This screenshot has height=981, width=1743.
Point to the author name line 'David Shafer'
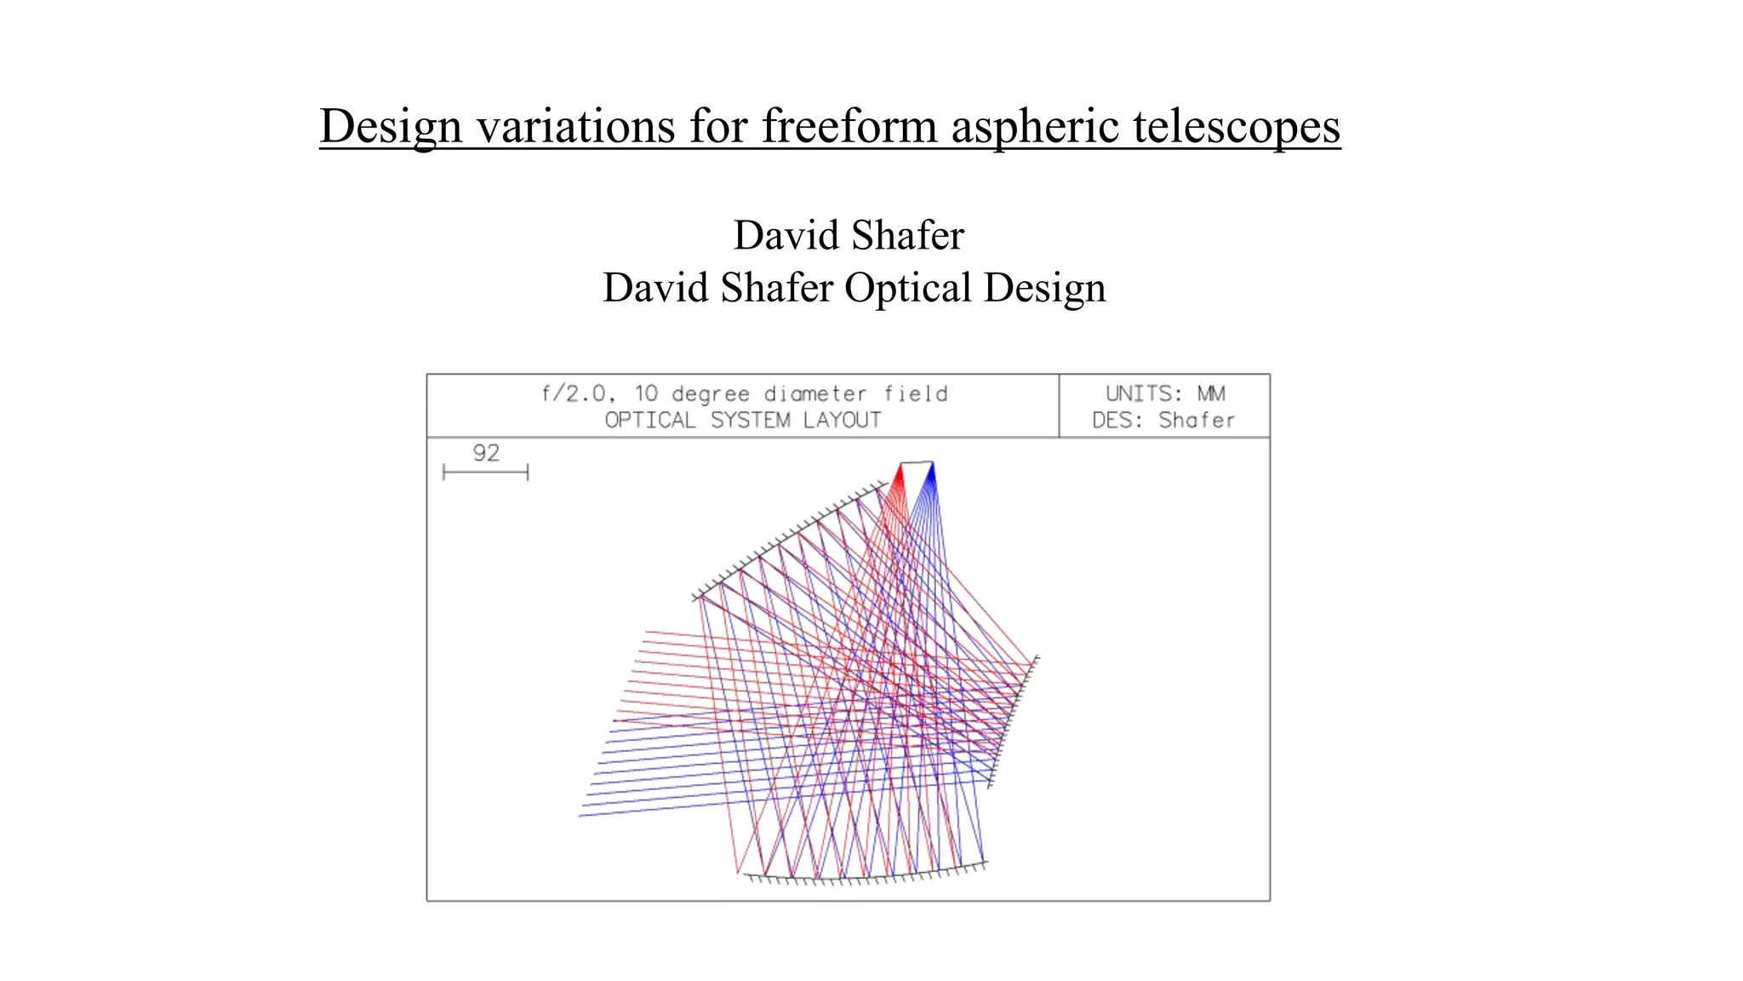click(849, 235)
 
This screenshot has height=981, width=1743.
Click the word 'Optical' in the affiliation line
click(907, 288)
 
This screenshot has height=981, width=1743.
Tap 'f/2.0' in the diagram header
click(575, 393)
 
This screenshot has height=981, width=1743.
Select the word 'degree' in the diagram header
click(710, 394)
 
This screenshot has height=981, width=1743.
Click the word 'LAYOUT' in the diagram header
click(842, 420)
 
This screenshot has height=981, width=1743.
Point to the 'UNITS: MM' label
click(1165, 393)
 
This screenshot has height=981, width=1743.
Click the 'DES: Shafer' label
click(1163, 420)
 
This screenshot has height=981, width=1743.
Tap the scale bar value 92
click(486, 453)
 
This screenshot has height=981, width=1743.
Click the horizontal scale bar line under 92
click(486, 472)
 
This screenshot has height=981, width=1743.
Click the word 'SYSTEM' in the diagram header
click(750, 420)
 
